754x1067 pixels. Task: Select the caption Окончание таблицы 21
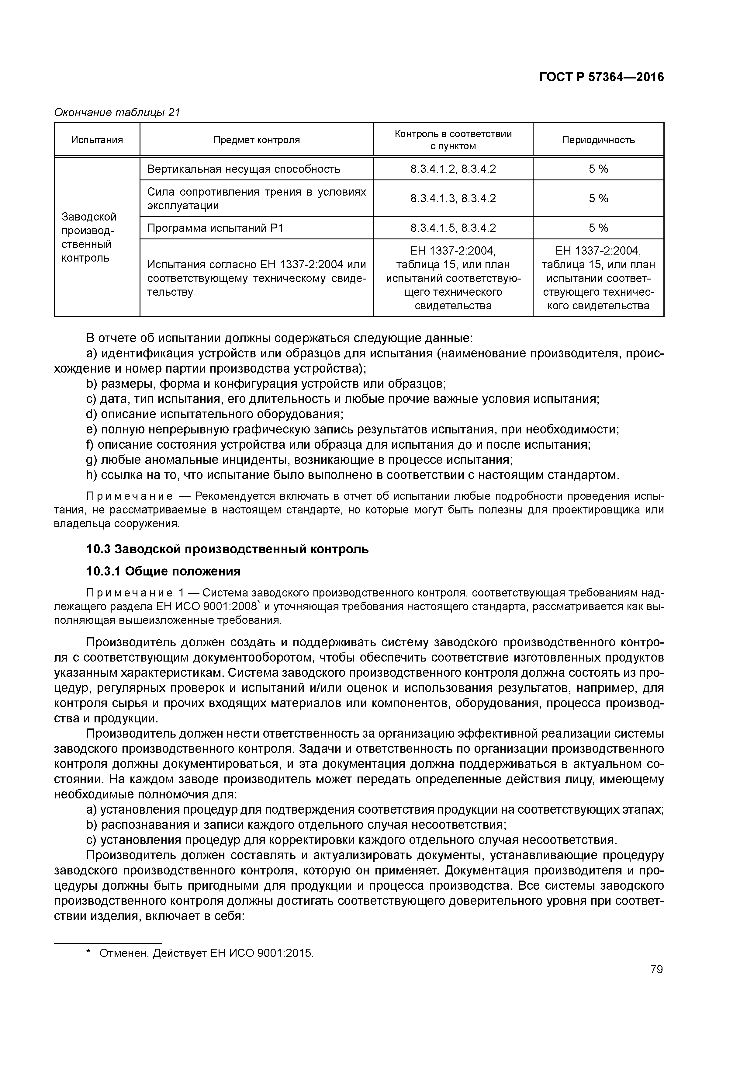(x=117, y=113)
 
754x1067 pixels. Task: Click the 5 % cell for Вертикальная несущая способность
(x=598, y=169)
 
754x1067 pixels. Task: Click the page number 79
(x=656, y=969)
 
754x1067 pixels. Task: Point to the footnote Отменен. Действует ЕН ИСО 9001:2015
(x=206, y=954)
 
